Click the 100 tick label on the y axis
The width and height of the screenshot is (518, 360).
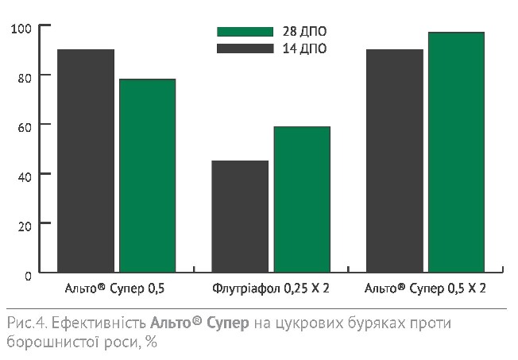(21, 29)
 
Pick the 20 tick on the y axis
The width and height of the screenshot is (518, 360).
(24, 225)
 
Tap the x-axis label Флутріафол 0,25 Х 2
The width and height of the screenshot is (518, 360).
(271, 288)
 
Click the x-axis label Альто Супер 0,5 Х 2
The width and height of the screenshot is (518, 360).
(425, 288)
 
